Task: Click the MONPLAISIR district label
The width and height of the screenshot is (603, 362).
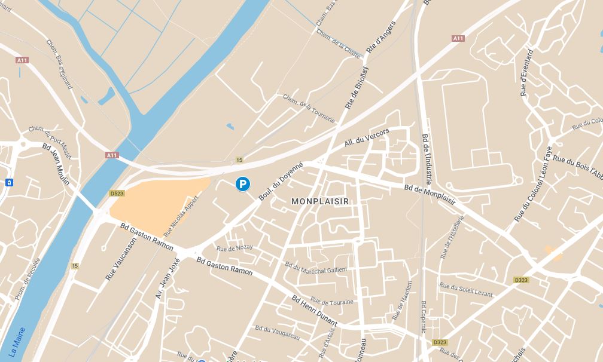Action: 319,202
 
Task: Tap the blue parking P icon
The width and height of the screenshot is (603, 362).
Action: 243,185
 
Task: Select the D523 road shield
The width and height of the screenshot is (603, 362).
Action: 117,194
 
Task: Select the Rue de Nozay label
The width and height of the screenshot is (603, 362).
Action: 234,248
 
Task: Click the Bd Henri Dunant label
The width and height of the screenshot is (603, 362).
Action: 314,311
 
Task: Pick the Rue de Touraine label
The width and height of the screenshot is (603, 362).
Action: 332,302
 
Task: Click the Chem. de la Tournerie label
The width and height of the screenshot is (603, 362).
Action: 308,108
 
